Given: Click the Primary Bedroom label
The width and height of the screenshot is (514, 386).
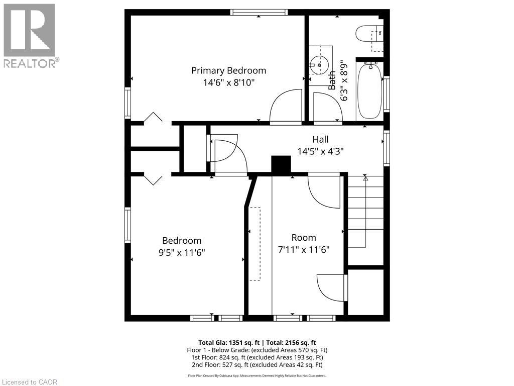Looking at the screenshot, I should coord(228,70).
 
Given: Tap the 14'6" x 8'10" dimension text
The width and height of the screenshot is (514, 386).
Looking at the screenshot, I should coord(228,83).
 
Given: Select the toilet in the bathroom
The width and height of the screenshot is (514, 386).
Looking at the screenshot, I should coord(369,34).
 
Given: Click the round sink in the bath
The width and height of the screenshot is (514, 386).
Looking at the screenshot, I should coord(318,64).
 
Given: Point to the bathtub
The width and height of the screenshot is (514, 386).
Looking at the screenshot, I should coord(369,90).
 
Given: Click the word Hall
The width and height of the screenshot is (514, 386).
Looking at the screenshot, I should coord(320,139).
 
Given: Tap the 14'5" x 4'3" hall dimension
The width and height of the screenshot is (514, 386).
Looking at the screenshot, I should coord(320,150).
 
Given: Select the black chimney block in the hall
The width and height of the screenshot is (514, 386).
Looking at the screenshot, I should coord(281,165).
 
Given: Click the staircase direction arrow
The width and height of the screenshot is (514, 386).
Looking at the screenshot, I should coord(365,178).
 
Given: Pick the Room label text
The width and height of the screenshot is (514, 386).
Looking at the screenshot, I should coord(304,237).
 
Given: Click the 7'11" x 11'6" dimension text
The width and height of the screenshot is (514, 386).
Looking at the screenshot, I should coord(304,249).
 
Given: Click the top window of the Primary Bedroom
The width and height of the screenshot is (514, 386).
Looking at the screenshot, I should coord(259,12).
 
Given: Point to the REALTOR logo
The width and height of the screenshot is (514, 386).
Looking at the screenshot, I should coord(30,35).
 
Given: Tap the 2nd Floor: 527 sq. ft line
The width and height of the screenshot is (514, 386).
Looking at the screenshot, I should coord(256,365).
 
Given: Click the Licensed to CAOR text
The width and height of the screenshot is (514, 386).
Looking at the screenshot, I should coord(30,382).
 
